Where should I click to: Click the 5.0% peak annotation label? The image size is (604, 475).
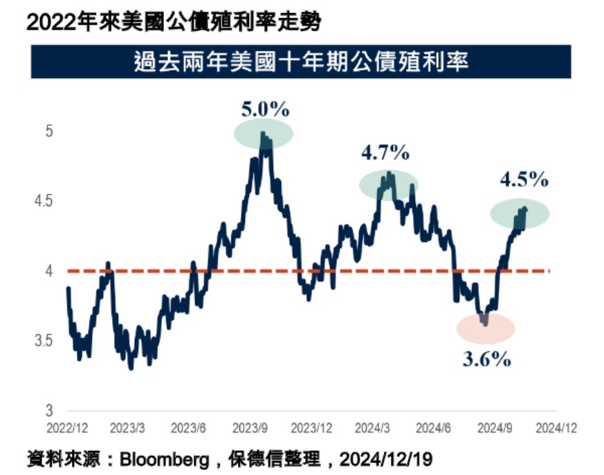point(265,109)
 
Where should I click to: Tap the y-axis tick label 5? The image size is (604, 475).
point(49,131)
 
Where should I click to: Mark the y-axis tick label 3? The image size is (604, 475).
point(49,410)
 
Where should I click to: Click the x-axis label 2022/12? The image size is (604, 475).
point(67,428)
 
